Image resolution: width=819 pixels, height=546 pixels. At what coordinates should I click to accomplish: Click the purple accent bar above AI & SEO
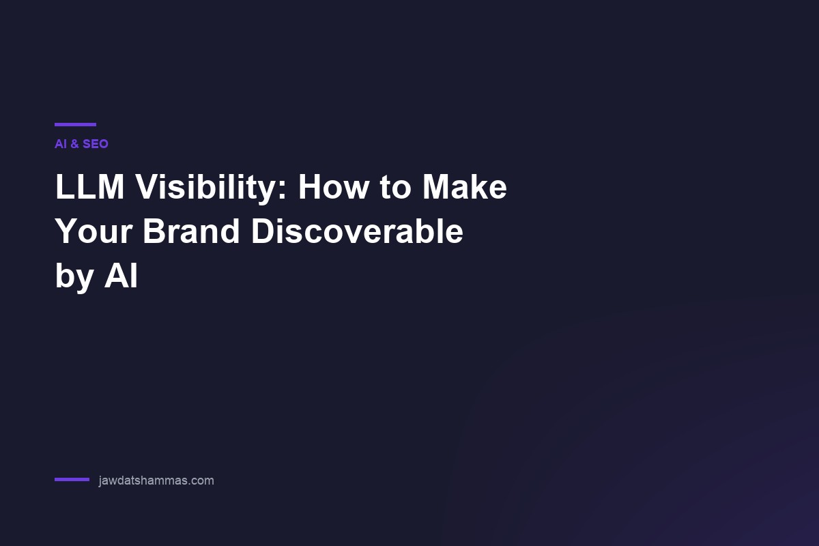(x=75, y=124)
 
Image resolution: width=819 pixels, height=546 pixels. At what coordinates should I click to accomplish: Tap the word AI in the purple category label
(x=60, y=144)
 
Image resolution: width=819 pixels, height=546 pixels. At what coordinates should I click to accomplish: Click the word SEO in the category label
(x=96, y=144)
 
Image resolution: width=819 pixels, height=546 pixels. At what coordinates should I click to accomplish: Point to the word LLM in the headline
(x=89, y=187)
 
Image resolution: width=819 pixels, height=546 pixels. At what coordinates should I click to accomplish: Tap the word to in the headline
(x=397, y=188)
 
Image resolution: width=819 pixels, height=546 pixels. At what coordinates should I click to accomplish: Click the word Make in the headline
(x=465, y=187)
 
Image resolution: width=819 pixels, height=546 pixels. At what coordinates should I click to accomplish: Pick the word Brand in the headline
(x=191, y=231)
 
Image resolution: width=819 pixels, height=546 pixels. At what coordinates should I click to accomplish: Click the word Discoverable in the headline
(x=357, y=231)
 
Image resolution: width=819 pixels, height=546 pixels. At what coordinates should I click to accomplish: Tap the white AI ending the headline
(x=121, y=276)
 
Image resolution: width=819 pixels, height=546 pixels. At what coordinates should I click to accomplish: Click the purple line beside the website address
(x=72, y=480)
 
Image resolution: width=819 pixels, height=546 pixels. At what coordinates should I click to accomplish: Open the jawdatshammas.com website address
(x=156, y=480)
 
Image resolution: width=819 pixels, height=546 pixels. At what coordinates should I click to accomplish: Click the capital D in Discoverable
(x=263, y=231)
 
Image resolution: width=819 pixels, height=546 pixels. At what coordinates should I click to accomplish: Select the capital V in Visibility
(x=147, y=187)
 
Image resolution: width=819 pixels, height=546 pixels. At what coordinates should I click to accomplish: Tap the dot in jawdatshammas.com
(x=188, y=484)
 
